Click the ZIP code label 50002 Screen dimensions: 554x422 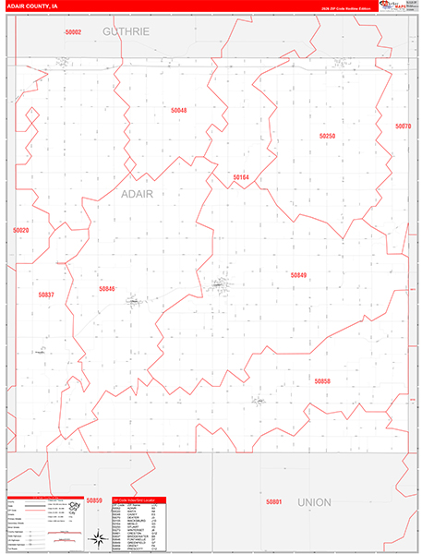(74, 32)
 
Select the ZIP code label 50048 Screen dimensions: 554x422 (178, 110)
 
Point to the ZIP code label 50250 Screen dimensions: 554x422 (327, 136)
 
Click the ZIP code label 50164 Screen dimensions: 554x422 (241, 176)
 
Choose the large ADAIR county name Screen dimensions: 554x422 (137, 194)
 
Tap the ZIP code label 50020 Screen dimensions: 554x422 (21, 230)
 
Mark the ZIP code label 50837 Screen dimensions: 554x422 (46, 295)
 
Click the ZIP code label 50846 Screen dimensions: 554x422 (107, 289)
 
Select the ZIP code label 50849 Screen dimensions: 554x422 (297, 275)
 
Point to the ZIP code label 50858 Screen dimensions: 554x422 (321, 380)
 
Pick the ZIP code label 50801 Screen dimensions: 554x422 (272, 501)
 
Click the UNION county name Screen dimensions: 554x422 (314, 502)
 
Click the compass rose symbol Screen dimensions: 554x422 (96, 537)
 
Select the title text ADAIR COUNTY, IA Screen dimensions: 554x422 (35, 6)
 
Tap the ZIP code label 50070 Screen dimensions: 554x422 (402, 126)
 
